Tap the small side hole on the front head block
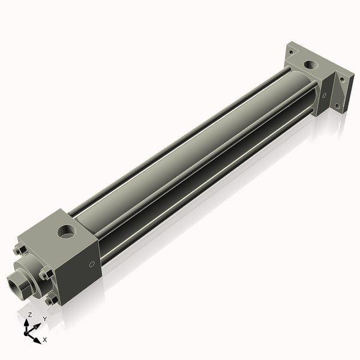(x=91, y=263)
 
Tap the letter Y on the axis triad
(x=44, y=319)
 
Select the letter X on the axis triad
(x=44, y=340)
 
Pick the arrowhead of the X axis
(x=37, y=337)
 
